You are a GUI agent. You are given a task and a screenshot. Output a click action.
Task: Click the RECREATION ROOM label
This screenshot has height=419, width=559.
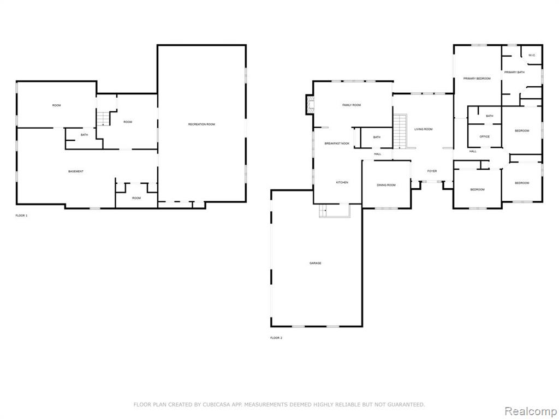tap(201, 124)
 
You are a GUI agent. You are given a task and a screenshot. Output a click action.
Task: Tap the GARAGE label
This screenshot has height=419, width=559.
tap(315, 264)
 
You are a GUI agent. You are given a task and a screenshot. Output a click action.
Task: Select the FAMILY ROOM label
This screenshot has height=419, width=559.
tap(352, 105)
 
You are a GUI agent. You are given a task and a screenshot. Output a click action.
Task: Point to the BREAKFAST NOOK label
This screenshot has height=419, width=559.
tap(337, 143)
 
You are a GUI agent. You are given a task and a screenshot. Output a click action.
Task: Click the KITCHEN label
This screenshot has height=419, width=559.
tap(342, 182)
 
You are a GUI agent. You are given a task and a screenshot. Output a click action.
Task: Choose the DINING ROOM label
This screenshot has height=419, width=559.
tap(386, 185)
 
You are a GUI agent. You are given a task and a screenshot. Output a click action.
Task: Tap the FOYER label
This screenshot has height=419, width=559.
tap(432, 171)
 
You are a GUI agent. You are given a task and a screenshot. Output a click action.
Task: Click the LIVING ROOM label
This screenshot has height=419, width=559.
tap(424, 129)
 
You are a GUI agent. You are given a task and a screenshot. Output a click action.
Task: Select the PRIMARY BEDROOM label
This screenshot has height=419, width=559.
tap(477, 79)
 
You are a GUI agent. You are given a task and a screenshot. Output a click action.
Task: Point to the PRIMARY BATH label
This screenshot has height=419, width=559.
tap(514, 73)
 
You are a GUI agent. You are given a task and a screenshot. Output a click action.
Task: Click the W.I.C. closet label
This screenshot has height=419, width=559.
tap(532, 55)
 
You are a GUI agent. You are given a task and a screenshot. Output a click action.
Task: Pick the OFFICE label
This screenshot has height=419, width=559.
tap(485, 137)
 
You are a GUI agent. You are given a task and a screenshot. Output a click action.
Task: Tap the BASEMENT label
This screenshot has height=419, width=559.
tap(76, 172)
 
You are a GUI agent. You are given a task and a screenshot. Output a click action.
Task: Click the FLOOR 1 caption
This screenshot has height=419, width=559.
tap(21, 216)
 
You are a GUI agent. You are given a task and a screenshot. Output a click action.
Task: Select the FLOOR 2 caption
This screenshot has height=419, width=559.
tap(276, 338)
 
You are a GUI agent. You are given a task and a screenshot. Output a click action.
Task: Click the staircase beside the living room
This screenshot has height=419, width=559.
tap(400, 131)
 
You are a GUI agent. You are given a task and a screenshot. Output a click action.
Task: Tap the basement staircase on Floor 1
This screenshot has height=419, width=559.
tap(104, 118)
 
